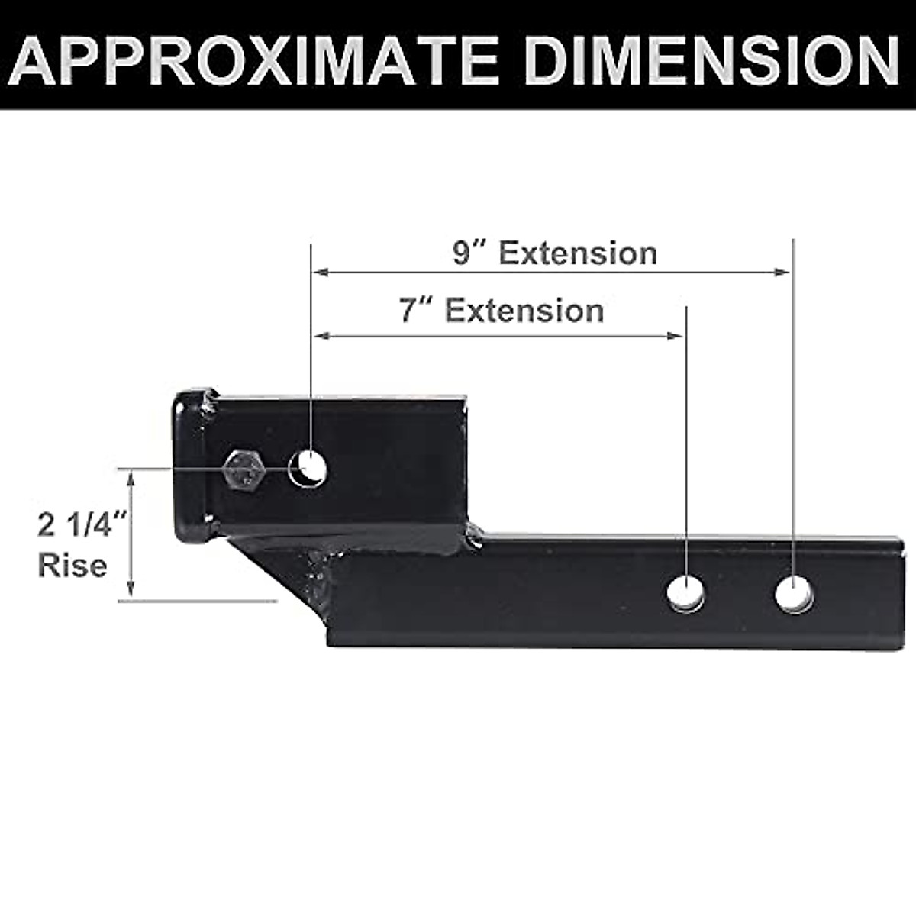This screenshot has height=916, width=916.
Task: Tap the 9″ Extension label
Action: tap(554, 253)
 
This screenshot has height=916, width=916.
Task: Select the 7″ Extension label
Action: tap(501, 311)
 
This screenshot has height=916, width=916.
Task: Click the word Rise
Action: tap(73, 566)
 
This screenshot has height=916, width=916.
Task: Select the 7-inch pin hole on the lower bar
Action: tap(686, 593)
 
